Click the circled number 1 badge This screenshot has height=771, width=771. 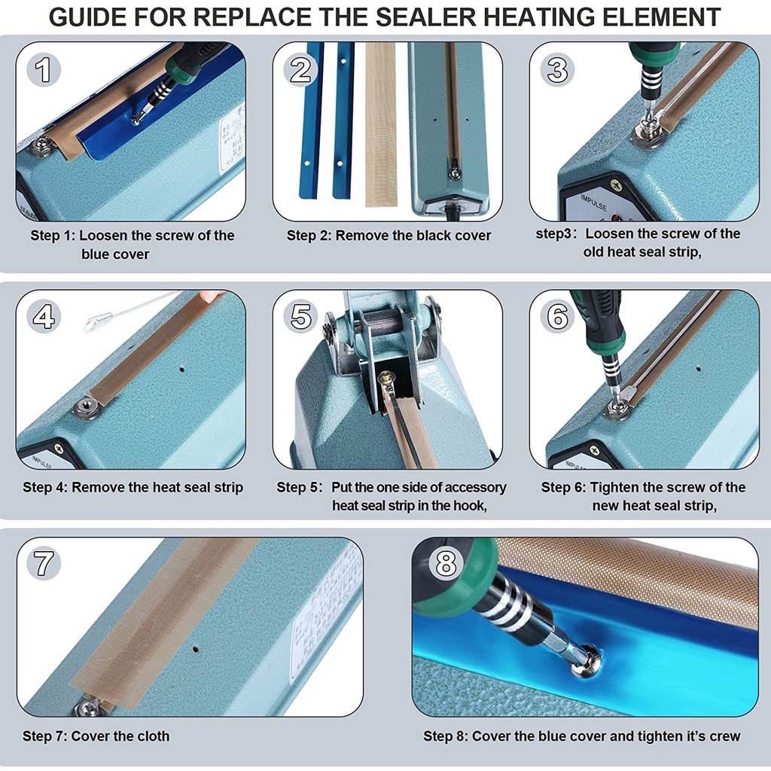tap(43, 69)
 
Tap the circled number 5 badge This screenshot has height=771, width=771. tap(300, 317)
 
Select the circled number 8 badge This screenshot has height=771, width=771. tap(446, 563)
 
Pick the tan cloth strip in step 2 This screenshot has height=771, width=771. tap(380, 123)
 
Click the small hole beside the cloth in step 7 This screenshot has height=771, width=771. tap(196, 648)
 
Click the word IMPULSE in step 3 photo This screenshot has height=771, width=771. tap(593, 202)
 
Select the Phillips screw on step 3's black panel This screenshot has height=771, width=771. tap(616, 185)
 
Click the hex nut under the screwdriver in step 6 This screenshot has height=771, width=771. tap(617, 409)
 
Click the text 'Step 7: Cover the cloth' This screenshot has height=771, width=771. tap(96, 736)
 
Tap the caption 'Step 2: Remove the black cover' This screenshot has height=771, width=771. tap(389, 236)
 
